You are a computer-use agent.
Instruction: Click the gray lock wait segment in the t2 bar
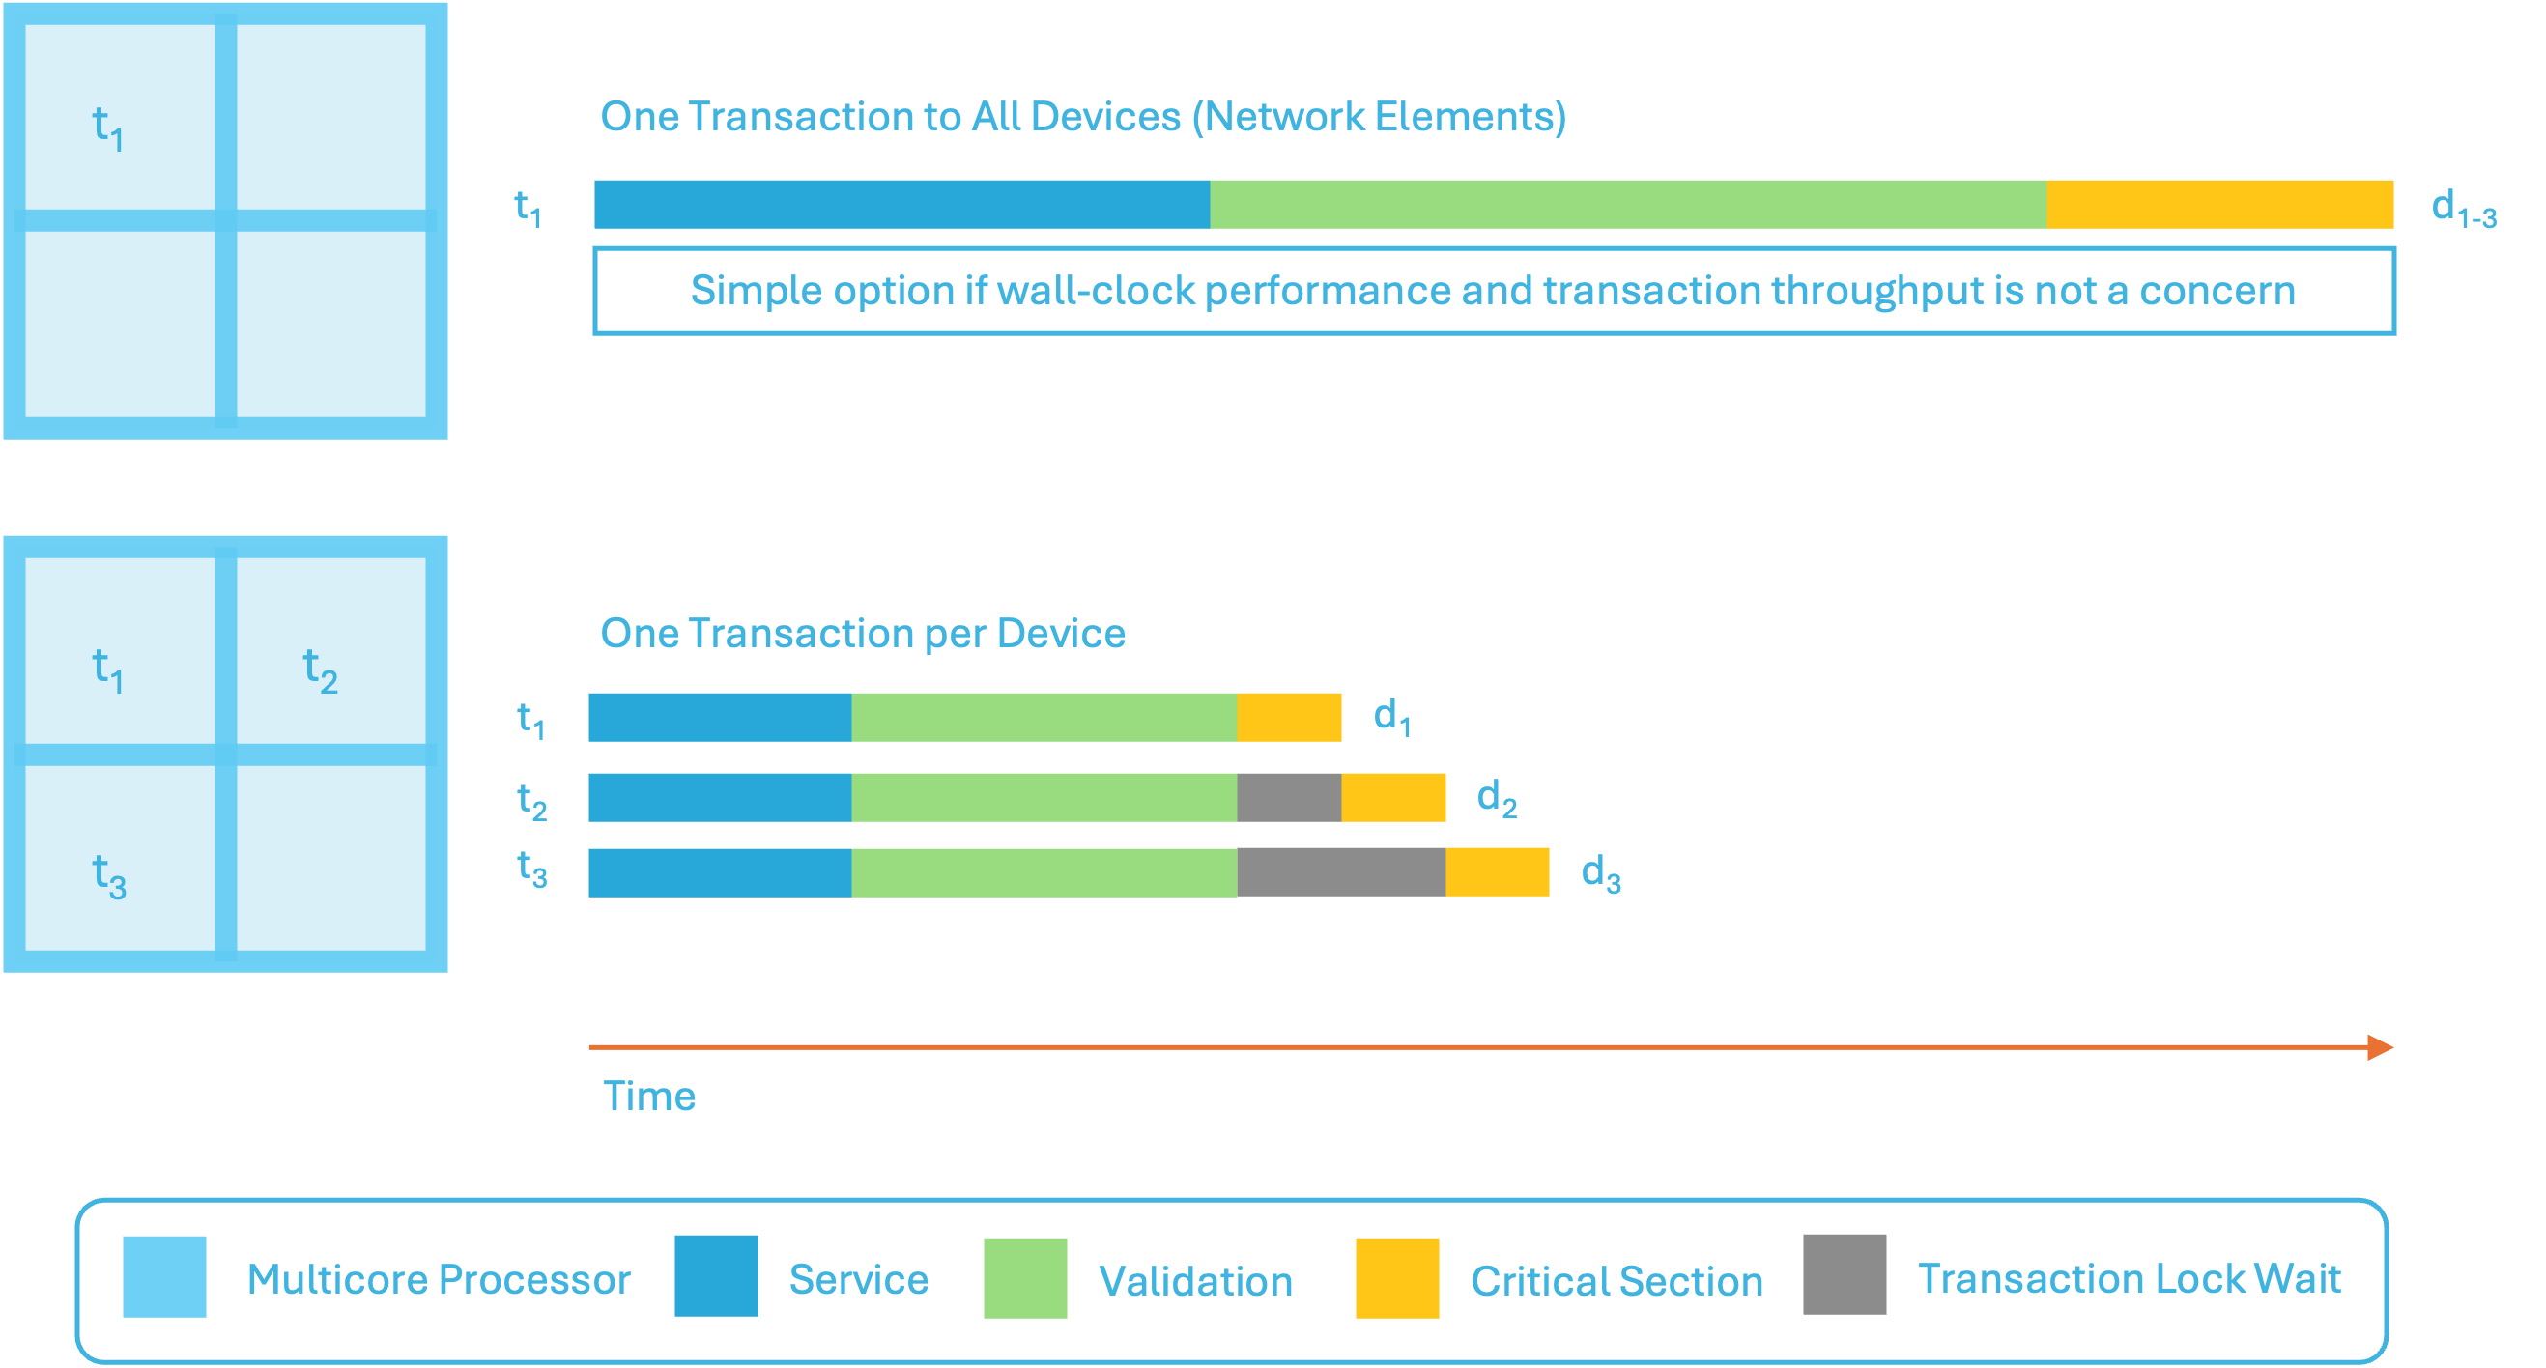(1289, 798)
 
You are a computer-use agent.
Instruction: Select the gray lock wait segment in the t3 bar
(1341, 871)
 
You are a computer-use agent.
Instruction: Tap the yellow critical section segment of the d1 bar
(1289, 718)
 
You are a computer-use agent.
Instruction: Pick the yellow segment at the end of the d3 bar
(1498, 871)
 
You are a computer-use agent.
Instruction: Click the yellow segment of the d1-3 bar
(2219, 205)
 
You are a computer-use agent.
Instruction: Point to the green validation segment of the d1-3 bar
(1628, 205)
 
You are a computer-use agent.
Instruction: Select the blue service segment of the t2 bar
(720, 798)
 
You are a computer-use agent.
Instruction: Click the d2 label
(1497, 799)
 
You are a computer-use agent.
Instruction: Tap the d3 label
(1601, 873)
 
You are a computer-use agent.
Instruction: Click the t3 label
(531, 869)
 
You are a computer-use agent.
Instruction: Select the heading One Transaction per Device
(863, 634)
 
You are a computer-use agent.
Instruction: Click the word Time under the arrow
(649, 1097)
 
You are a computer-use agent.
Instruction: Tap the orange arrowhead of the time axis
(2380, 1046)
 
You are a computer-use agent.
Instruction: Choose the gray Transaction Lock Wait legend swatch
(1845, 1274)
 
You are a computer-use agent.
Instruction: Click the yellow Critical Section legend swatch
(1396, 1277)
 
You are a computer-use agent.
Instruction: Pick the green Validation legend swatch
(1025, 1277)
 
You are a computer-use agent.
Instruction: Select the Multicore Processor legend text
(438, 1279)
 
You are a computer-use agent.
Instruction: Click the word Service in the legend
(859, 1279)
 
